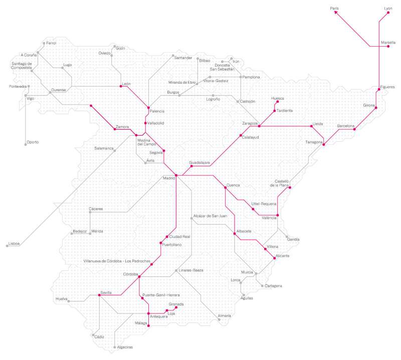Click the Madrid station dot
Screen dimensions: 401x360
pos(176,175)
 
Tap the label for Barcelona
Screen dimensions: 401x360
pos(345,126)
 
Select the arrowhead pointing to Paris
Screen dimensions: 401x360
pos(337,13)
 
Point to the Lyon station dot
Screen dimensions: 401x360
pos(388,13)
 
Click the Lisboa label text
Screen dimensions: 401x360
pos(14,243)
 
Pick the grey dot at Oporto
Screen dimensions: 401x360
pos(26,145)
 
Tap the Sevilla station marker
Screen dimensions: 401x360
pos(99,295)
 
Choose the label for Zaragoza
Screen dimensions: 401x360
pos(250,123)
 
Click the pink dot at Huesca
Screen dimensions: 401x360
pos(278,102)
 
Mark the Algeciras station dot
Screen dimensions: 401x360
pos(115,347)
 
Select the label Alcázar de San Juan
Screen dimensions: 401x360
pos(210,216)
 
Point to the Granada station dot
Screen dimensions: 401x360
pos(176,307)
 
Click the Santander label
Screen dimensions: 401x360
pos(183,58)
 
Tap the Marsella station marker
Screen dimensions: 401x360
pos(388,46)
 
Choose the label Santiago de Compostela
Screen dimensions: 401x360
pos(22,66)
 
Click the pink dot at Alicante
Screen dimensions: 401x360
pos(274,258)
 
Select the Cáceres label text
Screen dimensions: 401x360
pos(96,209)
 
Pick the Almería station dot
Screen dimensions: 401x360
pos(219,319)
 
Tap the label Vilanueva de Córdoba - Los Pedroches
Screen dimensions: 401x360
pos(117,261)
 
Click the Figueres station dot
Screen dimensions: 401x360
pos(379,90)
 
